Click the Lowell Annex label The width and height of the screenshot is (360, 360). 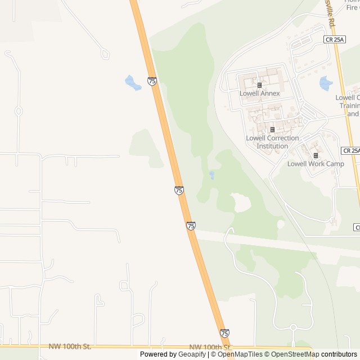point(259,93)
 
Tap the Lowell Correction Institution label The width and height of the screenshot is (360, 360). point(272,142)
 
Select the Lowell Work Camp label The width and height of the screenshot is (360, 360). point(315,164)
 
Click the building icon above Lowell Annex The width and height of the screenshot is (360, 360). point(259,85)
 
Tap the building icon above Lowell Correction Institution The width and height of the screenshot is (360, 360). point(272,130)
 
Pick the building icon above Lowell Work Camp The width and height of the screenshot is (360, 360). point(316,156)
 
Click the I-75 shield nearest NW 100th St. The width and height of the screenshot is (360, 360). point(224,333)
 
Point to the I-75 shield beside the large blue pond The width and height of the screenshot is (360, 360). point(152,82)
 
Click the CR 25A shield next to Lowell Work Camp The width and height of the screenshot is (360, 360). point(350,151)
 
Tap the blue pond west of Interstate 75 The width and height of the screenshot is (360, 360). point(133,83)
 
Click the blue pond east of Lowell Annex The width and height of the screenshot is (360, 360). point(326,84)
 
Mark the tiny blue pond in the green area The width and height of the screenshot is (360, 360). point(211,175)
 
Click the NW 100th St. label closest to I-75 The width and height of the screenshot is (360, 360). point(210,347)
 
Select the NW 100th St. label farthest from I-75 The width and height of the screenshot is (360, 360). point(70,346)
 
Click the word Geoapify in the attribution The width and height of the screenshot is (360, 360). point(192,354)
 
